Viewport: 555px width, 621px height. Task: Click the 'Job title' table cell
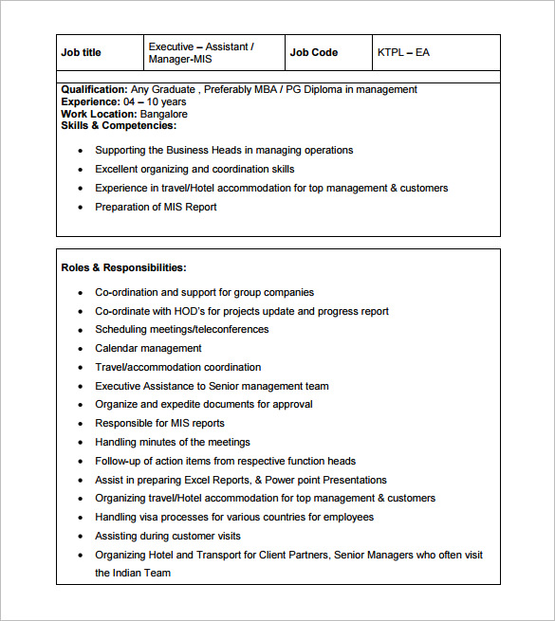[x=81, y=53]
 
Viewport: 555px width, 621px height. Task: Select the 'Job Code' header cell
[x=313, y=53]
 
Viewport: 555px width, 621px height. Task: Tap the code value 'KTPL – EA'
[x=403, y=53]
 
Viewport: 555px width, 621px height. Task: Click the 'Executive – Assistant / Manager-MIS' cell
[x=201, y=53]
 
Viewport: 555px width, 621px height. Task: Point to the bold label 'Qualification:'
[x=94, y=90]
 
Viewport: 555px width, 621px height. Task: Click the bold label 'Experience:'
[x=90, y=102]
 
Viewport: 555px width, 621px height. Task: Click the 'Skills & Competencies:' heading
[x=119, y=126]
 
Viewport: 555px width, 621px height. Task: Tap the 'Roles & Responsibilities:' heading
[x=123, y=268]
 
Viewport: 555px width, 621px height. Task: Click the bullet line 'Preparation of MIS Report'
[x=156, y=208]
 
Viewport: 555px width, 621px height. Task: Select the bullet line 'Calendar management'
[x=148, y=349]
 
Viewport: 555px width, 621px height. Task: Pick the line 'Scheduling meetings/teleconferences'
[x=181, y=330]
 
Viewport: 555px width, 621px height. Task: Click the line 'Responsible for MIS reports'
[x=159, y=424]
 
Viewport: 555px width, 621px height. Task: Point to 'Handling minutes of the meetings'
[x=173, y=443]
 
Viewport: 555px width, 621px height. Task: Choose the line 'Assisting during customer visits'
[x=168, y=537]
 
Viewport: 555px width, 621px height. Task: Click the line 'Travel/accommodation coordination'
[x=177, y=368]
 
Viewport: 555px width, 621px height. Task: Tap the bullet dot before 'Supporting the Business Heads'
[x=82, y=151]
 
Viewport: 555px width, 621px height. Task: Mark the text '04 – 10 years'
[x=155, y=102]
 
